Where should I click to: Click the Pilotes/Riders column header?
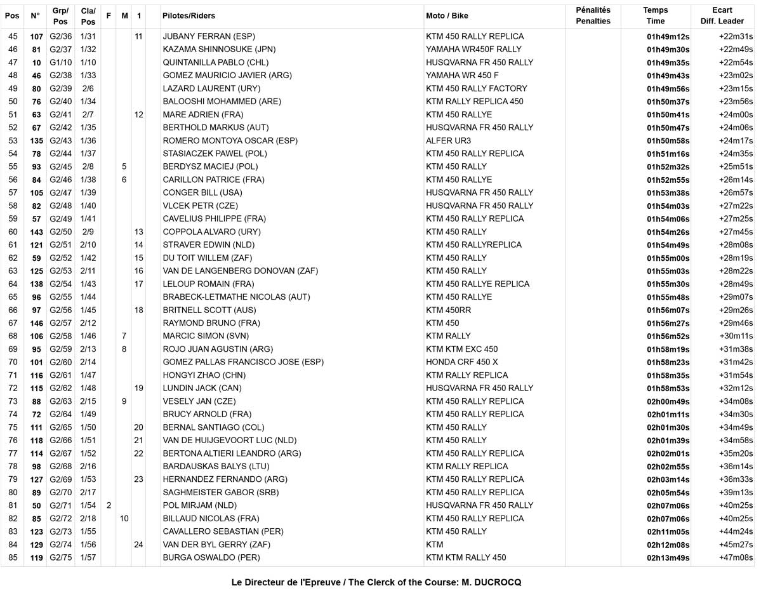pos(189,15)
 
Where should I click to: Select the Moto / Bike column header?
pos(447,15)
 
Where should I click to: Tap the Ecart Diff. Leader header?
pos(722,15)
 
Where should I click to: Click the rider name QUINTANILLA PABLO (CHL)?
pos(215,62)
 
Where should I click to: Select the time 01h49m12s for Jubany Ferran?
pos(668,37)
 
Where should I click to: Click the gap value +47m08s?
pos(736,558)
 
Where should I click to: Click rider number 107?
pos(36,37)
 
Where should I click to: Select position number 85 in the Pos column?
pos(13,558)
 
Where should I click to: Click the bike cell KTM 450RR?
pos(448,310)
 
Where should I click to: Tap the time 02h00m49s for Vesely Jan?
pos(668,402)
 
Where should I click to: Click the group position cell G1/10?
pos(61,62)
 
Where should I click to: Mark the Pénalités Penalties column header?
pos(593,15)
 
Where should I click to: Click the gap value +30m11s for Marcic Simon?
pos(737,336)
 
